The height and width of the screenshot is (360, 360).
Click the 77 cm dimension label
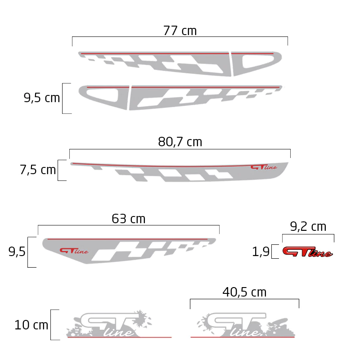pos(180,31)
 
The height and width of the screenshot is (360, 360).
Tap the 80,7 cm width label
pos(180,142)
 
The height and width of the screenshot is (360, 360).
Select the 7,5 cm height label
pos(38,170)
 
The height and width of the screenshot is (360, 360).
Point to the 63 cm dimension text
pos(128,219)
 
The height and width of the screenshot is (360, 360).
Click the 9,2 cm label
pos(308,227)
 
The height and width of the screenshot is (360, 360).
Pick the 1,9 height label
pos(261,252)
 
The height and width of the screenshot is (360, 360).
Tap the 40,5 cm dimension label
pos(244,292)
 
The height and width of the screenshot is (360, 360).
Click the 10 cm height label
pos(31,325)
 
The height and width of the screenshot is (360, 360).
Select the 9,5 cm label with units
pos(41,98)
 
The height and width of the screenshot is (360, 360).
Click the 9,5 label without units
pos(17,252)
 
